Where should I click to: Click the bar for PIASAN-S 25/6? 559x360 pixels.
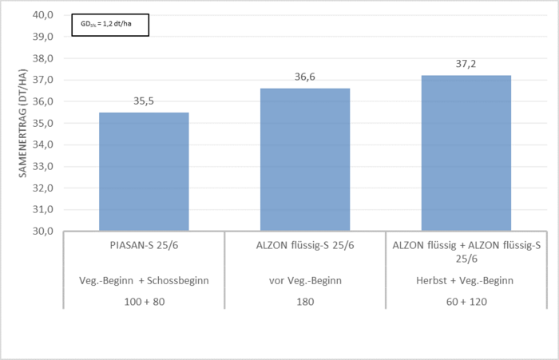click(x=144, y=172)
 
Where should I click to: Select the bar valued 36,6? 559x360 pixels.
click(x=304, y=160)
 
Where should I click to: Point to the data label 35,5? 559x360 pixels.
click(x=144, y=102)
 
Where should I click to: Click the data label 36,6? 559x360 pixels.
click(x=304, y=78)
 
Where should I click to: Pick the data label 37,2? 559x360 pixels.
click(x=466, y=65)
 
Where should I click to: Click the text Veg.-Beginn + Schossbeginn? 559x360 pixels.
click(x=144, y=281)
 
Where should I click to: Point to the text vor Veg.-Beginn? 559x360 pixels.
click(x=304, y=281)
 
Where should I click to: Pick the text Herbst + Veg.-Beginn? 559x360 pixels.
click(x=466, y=281)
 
